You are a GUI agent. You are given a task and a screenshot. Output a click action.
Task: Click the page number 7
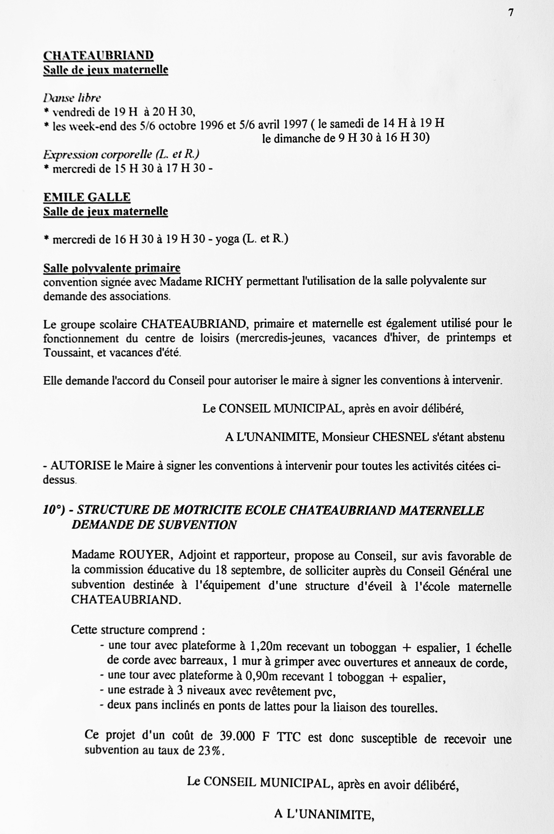pos(511,13)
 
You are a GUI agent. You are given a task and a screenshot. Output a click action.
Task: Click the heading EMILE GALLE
pos(87,197)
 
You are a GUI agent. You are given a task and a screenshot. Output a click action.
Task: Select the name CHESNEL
pos(401,437)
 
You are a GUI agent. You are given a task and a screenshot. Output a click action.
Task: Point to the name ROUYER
pos(145,555)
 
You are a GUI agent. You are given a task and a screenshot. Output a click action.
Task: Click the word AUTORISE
pos(81,465)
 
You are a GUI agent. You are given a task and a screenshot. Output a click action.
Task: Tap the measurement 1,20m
pos(266,646)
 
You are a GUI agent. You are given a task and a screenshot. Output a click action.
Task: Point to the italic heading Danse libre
pos(72,98)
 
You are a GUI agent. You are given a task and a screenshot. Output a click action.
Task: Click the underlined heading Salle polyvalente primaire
pos(112,268)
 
